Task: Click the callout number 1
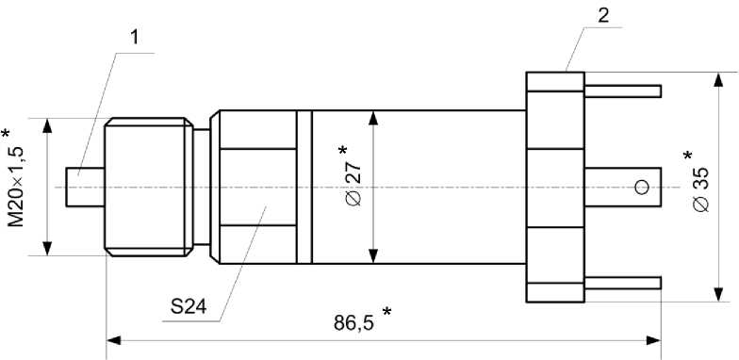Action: [135, 38]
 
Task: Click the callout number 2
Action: [603, 15]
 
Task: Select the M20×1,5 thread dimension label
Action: [17, 187]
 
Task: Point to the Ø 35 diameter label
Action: [701, 188]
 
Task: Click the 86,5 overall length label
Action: [353, 322]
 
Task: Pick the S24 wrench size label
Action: [189, 307]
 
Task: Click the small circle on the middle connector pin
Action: [642, 188]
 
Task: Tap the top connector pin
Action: [622, 91]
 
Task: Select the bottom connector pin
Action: [622, 283]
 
